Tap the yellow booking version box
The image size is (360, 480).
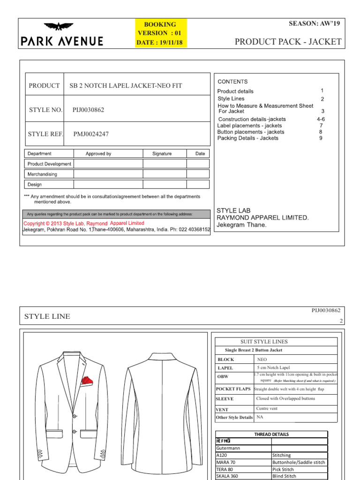(160, 33)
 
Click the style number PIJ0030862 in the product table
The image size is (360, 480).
(88, 110)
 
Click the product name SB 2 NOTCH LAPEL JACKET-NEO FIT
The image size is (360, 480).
(126, 86)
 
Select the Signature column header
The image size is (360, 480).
(162, 154)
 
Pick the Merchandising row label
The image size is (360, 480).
(42, 174)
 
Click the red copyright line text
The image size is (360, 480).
(84, 224)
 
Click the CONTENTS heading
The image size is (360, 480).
(232, 82)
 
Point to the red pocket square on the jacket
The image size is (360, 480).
(86, 381)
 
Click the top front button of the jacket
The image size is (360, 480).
(74, 416)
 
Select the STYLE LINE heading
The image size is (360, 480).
(47, 316)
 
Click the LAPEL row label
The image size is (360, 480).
(225, 368)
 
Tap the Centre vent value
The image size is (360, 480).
(267, 408)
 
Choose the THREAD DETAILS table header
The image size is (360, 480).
(271, 435)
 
